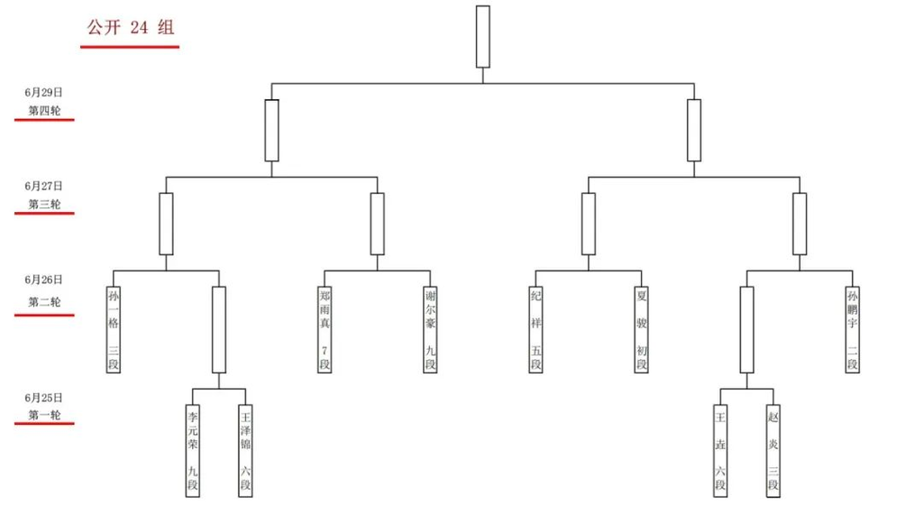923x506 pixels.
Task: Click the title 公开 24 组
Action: (130, 27)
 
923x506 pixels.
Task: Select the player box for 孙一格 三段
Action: (113, 329)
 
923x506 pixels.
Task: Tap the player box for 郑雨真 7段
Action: (324, 329)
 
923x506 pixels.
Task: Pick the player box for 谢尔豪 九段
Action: (430, 329)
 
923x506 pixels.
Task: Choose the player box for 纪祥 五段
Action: (535, 329)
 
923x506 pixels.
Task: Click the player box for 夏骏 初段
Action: (642, 329)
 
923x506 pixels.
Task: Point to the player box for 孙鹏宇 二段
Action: (853, 329)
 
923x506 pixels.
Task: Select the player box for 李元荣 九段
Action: (193, 451)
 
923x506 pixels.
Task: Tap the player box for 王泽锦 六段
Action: (245, 451)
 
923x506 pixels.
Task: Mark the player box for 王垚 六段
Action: (720, 451)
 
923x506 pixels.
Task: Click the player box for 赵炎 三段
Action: (773, 451)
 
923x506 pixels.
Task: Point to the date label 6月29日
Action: (43, 93)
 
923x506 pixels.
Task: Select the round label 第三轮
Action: (45, 205)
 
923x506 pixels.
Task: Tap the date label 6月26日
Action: (43, 280)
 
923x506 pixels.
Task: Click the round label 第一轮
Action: (45, 415)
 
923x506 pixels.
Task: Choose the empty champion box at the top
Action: (483, 36)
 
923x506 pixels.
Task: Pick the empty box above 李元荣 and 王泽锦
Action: (219, 329)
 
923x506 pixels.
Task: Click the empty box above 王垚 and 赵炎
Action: (747, 329)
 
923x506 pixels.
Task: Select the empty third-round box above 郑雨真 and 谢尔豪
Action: (378, 224)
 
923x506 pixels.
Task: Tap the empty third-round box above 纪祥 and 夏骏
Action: (589, 224)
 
